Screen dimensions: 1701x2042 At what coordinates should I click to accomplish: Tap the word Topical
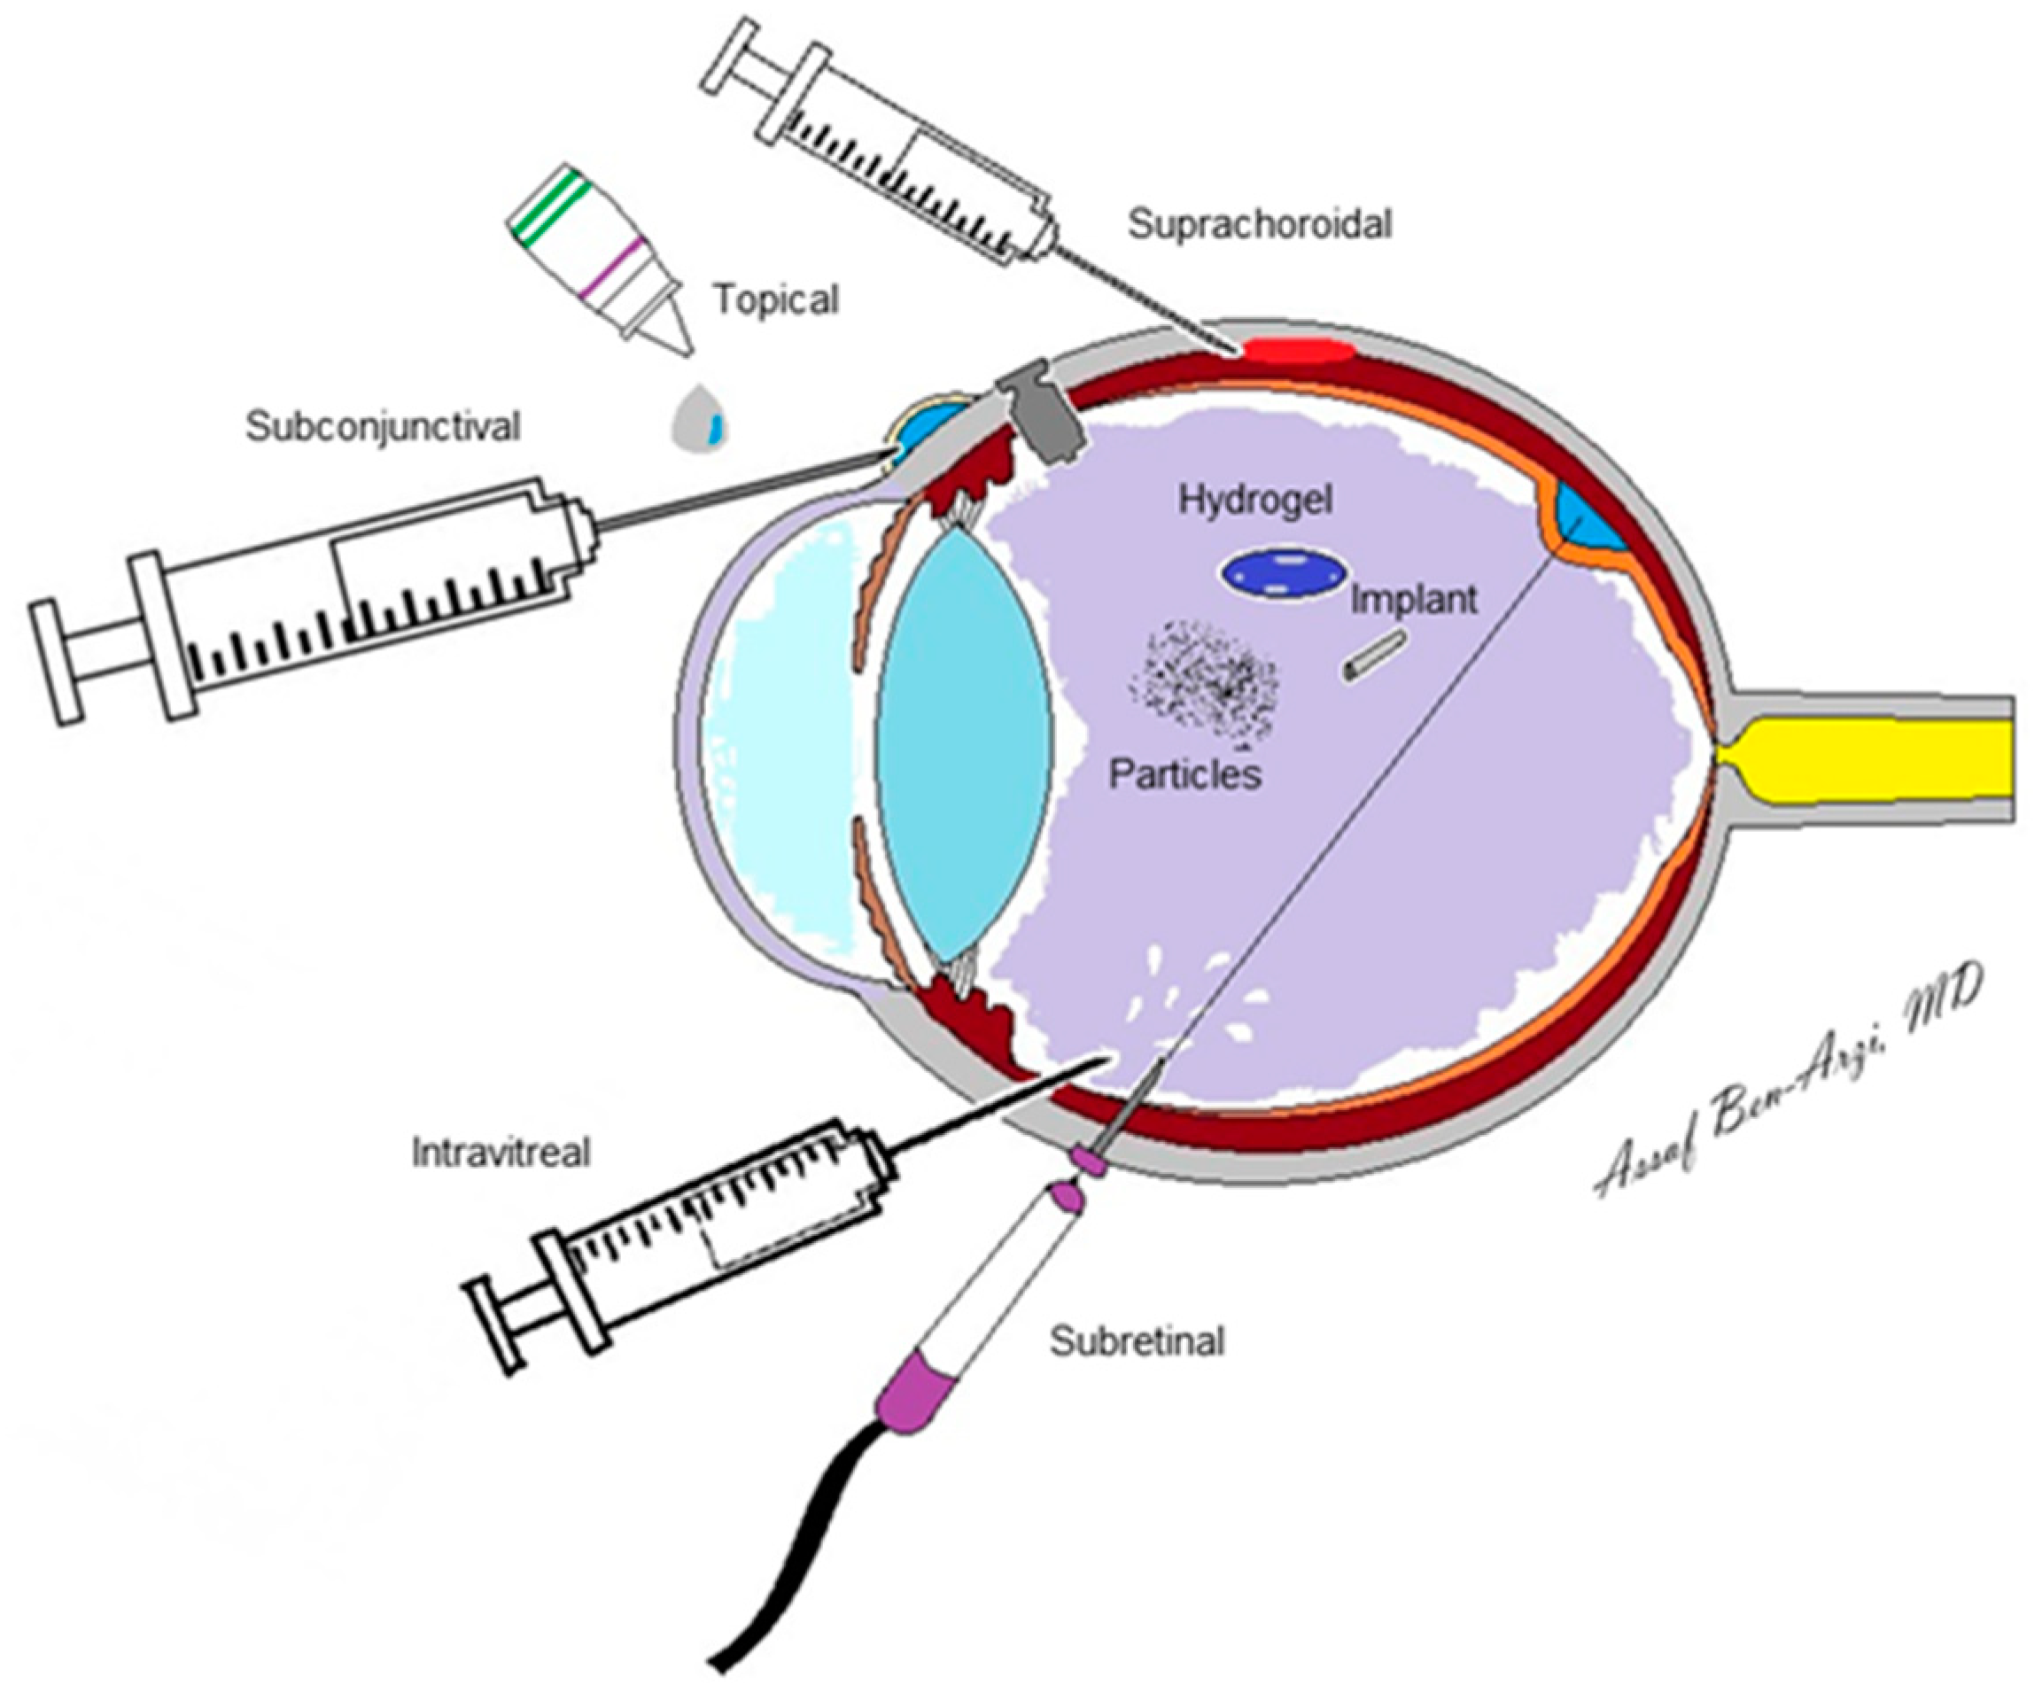click(x=775, y=299)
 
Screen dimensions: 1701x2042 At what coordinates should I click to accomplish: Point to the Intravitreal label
click(x=501, y=1153)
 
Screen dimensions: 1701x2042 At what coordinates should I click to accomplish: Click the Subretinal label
click(x=1137, y=1342)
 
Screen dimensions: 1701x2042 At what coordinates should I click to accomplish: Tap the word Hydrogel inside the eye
click(x=1255, y=500)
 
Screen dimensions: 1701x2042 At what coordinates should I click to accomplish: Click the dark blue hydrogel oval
click(x=1285, y=574)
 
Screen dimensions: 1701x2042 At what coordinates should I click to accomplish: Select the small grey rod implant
click(x=1375, y=655)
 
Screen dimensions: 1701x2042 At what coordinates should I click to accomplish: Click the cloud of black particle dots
click(x=1204, y=685)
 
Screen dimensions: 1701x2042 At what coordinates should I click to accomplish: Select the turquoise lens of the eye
click(x=962, y=744)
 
